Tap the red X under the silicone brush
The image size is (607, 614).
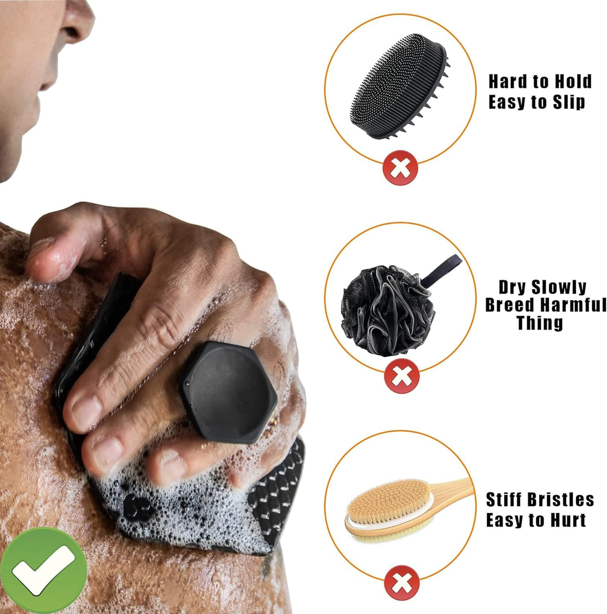pyautogui.click(x=401, y=167)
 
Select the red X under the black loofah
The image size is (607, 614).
pyautogui.click(x=402, y=376)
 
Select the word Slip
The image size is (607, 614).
pyautogui.click(x=567, y=102)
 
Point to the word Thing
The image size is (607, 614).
pyautogui.click(x=540, y=323)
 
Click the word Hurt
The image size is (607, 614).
pyautogui.click(x=566, y=520)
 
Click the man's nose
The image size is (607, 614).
pyautogui.click(x=76, y=20)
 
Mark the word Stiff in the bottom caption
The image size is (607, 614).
pyautogui.click(x=503, y=500)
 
